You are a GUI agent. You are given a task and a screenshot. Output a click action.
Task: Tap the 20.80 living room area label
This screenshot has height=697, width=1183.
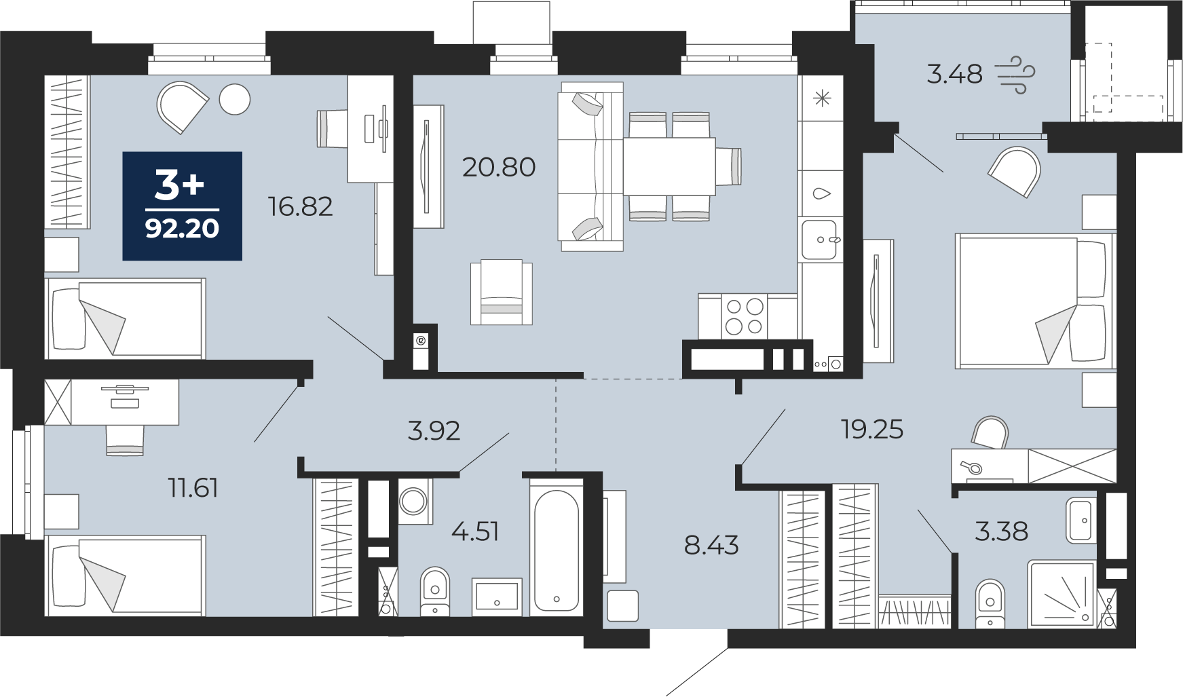click(x=499, y=167)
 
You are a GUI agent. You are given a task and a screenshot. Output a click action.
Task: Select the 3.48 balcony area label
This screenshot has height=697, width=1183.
click(x=954, y=74)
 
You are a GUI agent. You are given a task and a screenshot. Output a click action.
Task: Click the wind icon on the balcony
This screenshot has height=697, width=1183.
click(x=1015, y=74)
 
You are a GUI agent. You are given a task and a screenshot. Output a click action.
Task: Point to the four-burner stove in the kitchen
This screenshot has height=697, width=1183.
click(x=745, y=316)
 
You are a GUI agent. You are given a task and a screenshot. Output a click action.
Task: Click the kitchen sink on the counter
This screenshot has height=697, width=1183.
click(x=819, y=240)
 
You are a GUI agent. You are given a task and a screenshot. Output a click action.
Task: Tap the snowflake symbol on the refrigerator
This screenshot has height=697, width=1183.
click(x=822, y=100)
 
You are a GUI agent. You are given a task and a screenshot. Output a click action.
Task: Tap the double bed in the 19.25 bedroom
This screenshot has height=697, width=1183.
click(x=1034, y=301)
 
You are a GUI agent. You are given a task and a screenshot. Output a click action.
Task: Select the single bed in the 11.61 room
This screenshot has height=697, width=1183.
click(x=125, y=576)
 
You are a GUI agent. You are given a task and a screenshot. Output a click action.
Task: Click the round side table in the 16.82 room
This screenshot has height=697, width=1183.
click(x=235, y=100)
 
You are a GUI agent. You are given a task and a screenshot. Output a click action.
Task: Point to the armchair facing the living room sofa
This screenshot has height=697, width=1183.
click(x=502, y=292)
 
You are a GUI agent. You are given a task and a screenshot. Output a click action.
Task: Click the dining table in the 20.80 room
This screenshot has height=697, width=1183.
click(x=669, y=167)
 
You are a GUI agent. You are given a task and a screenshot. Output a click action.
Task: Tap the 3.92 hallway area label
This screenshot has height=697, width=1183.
click(x=434, y=431)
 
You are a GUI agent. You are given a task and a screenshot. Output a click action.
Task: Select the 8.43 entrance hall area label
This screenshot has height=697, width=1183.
click(x=711, y=545)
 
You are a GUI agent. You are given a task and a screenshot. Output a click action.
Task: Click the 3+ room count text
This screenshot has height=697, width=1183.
click(x=179, y=185)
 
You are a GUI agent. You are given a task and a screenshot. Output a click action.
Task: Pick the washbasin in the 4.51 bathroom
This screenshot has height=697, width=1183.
click(x=497, y=596)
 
